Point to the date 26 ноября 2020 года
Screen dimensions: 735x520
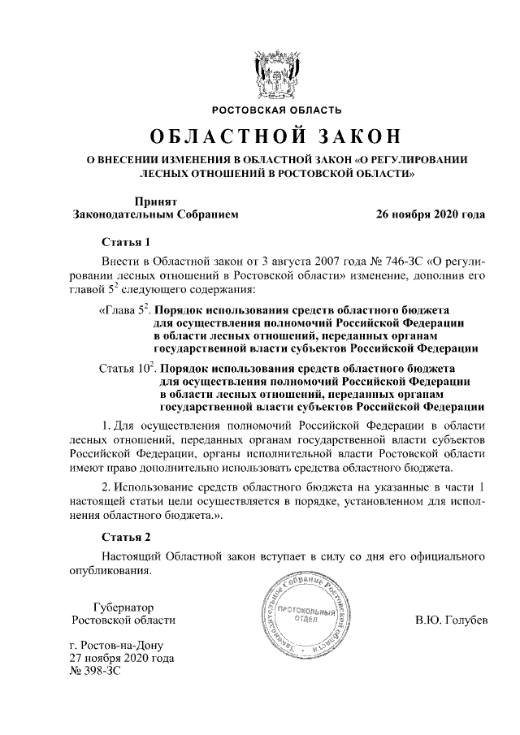pos(431,215)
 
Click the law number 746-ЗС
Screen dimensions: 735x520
pos(387,264)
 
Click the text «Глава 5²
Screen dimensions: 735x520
pos(124,310)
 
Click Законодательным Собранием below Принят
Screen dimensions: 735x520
pos(155,215)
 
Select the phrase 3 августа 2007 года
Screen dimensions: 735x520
pos(294,264)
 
